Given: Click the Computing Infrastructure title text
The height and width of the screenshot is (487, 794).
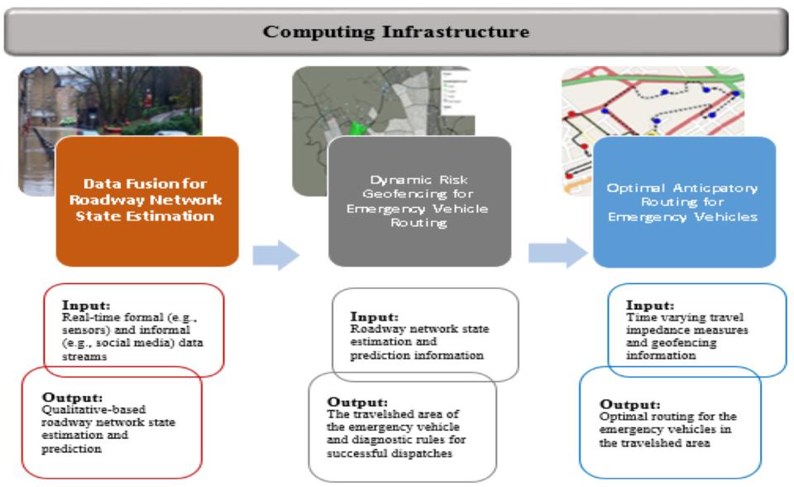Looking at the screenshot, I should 396,32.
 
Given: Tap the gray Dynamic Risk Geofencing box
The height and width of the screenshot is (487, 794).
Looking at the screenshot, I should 419,201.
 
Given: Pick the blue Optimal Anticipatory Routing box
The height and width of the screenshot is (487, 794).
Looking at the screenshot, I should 684,201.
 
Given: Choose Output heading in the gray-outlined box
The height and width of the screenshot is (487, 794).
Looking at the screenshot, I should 357,402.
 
